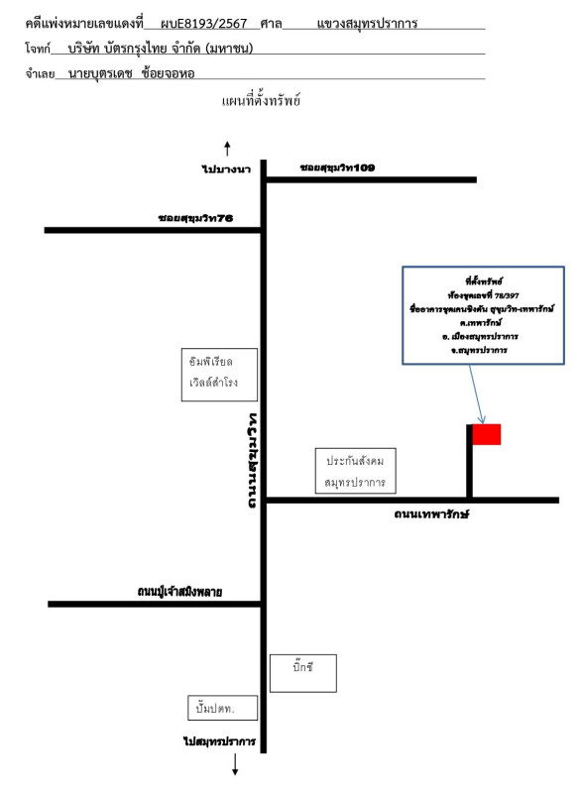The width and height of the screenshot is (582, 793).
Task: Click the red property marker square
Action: pyautogui.click(x=487, y=434)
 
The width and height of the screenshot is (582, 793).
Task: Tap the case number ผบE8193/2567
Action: pyautogui.click(x=203, y=23)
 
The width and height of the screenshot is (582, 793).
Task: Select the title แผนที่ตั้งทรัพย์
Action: pyautogui.click(x=261, y=100)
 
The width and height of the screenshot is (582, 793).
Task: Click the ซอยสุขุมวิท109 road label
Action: pyautogui.click(x=337, y=168)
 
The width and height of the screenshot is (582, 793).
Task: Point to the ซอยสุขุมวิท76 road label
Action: pyautogui.click(x=195, y=218)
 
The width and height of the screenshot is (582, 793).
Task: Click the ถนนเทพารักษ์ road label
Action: pyautogui.click(x=432, y=514)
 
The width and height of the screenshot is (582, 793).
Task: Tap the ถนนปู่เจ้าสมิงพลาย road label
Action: pyautogui.click(x=179, y=591)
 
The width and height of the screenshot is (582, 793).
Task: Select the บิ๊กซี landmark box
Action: pyautogui.click(x=302, y=673)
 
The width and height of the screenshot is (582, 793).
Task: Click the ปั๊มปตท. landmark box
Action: pyautogui.click(x=222, y=708)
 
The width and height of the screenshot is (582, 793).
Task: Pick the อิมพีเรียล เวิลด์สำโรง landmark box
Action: pyautogui.click(x=219, y=375)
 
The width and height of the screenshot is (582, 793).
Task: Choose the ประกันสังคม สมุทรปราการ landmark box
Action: pyautogui.click(x=356, y=470)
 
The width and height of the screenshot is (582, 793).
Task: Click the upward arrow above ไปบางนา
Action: pyautogui.click(x=227, y=149)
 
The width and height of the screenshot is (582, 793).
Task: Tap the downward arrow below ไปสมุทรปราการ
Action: pyautogui.click(x=235, y=764)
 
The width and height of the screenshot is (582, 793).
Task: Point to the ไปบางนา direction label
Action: pyautogui.click(x=226, y=169)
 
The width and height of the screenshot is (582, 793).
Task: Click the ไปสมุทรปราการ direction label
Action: pyautogui.click(x=219, y=741)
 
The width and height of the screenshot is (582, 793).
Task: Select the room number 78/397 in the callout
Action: pyautogui.click(x=508, y=295)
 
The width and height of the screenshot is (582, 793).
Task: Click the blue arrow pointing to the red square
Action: pyautogui.click(x=477, y=394)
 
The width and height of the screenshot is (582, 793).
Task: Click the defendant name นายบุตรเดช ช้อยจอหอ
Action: pyautogui.click(x=132, y=73)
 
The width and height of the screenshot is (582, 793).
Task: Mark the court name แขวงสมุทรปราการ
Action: pyautogui.click(x=367, y=24)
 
